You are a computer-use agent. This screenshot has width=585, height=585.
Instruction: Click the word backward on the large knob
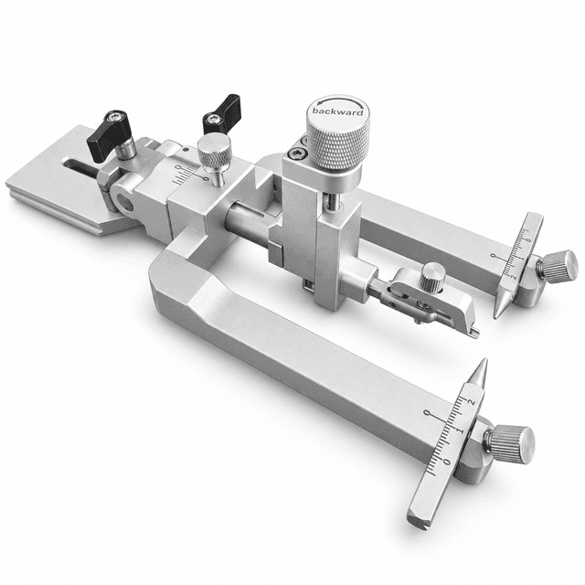pyautogui.click(x=337, y=112)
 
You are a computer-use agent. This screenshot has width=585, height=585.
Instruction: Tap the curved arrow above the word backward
pyautogui.click(x=338, y=100)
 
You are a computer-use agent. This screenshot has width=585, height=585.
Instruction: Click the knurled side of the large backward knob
pyautogui.click(x=338, y=145)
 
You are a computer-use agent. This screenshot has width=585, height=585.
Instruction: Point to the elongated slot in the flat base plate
pyautogui.click(x=81, y=166)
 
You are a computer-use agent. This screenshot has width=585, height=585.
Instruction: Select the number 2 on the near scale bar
pyautogui.click(x=472, y=402)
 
